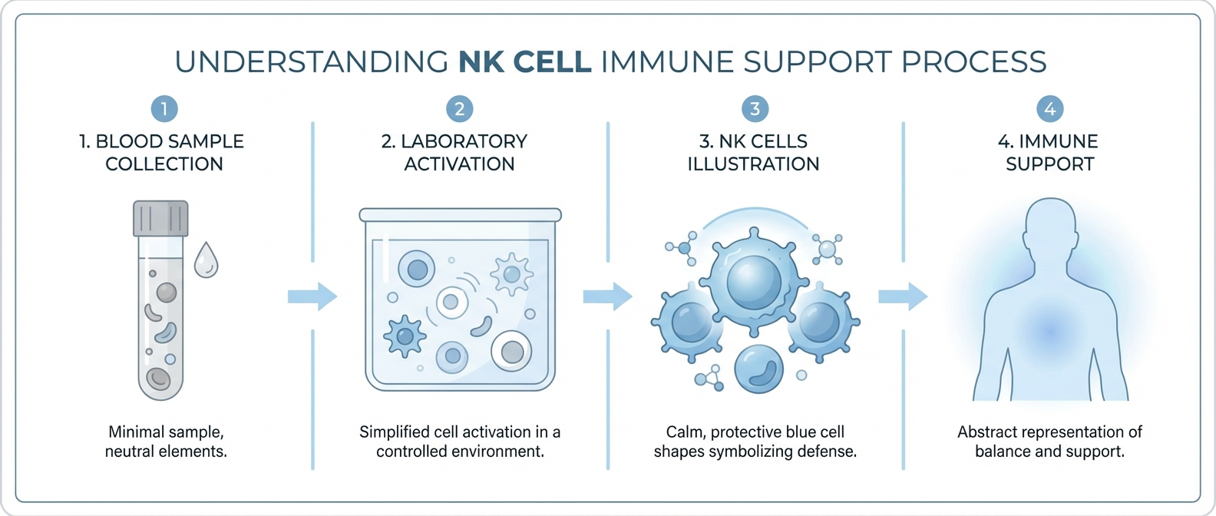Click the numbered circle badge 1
[164, 109]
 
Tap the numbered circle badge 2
[459, 109]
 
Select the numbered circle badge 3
[755, 109]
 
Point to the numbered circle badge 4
[1049, 109]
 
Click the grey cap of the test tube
[160, 218]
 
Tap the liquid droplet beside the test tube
[206, 261]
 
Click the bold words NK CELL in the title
[525, 62]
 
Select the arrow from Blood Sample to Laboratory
[312, 296]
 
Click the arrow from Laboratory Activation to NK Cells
[607, 296]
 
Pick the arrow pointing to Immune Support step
[903, 296]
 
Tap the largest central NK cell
[755, 280]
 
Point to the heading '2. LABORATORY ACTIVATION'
[459, 152]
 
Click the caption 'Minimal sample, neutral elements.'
[166, 442]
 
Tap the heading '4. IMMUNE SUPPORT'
[1049, 152]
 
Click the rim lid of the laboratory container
[460, 215]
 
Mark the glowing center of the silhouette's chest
[1050, 334]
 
